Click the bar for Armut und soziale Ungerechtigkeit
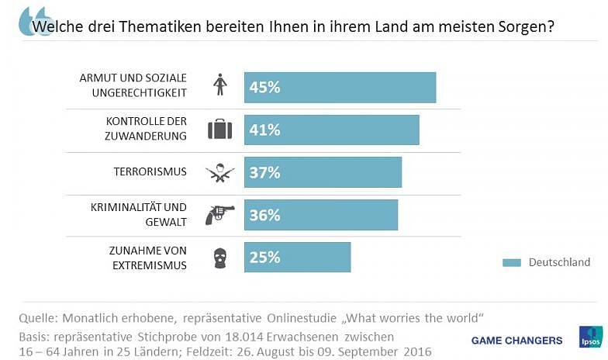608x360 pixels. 340,88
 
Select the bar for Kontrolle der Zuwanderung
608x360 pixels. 331,130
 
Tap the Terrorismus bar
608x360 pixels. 323,172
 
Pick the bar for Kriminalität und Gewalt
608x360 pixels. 320,215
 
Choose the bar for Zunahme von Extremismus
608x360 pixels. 297,257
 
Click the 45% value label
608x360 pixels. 264,88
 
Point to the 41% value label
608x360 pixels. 264,130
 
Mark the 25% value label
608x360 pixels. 264,257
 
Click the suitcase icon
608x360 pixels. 220,130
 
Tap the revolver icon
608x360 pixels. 219,214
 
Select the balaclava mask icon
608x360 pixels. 220,258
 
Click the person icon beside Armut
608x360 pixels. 220,85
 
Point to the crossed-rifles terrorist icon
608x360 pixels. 220,172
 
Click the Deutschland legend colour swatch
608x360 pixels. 512,262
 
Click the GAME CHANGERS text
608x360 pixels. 516,341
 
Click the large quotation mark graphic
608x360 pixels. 35,20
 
